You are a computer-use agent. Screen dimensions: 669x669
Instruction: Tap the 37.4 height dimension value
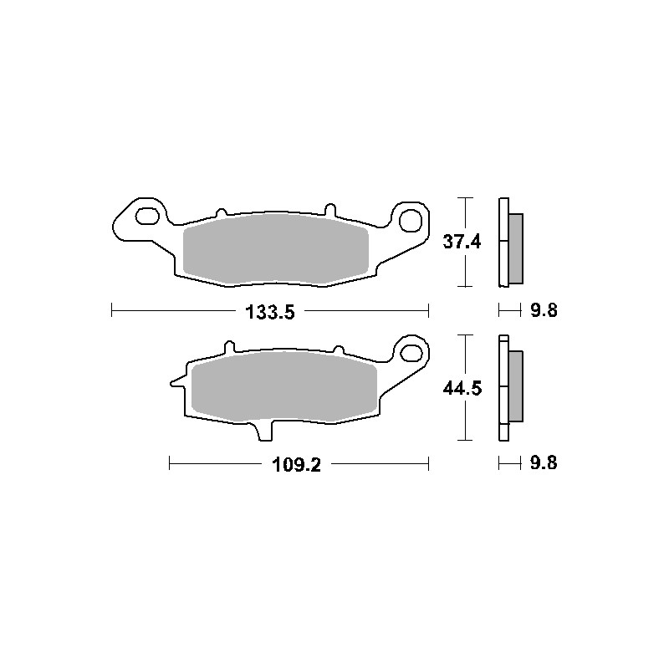click(x=462, y=243)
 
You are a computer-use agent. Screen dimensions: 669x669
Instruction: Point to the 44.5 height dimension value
click(x=462, y=388)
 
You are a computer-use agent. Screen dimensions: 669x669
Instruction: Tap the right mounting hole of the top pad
click(x=410, y=219)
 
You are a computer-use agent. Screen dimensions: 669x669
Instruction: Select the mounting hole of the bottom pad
click(x=411, y=350)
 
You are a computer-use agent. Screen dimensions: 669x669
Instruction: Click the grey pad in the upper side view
click(x=515, y=248)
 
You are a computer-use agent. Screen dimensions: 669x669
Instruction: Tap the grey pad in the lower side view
click(x=515, y=386)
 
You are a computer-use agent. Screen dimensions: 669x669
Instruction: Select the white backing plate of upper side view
click(x=503, y=243)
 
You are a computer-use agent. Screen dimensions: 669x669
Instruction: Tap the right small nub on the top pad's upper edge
click(x=329, y=207)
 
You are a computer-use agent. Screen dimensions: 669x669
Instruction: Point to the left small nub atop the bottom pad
click(x=227, y=345)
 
